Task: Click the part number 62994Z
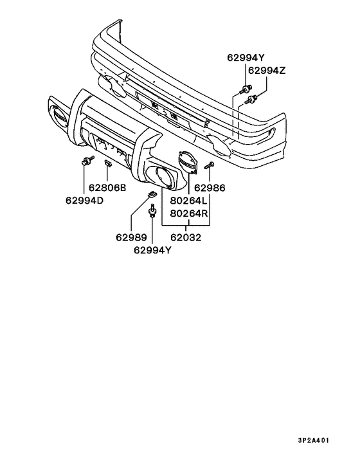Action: pos(267,70)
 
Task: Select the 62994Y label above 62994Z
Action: pos(246,58)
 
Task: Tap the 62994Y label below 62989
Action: pos(152,250)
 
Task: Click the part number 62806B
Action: pos(107,188)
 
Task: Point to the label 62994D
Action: pos(84,201)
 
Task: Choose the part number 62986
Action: pos(210,188)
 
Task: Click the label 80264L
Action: pos(189,201)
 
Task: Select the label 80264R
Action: pos(189,213)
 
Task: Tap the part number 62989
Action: pos(131,237)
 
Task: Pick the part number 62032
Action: pos(186,237)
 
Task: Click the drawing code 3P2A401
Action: pos(314,440)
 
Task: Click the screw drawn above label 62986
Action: pos(210,166)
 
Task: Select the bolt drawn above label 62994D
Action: pos(88,160)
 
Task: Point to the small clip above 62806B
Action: pos(107,163)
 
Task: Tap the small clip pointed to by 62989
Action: pos(152,194)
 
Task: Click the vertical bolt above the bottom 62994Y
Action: pos(152,210)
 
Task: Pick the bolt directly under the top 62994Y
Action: pos(246,89)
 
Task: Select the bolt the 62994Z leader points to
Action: pos(251,99)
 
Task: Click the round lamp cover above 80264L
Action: pos(188,163)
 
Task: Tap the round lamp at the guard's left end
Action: pos(59,116)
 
